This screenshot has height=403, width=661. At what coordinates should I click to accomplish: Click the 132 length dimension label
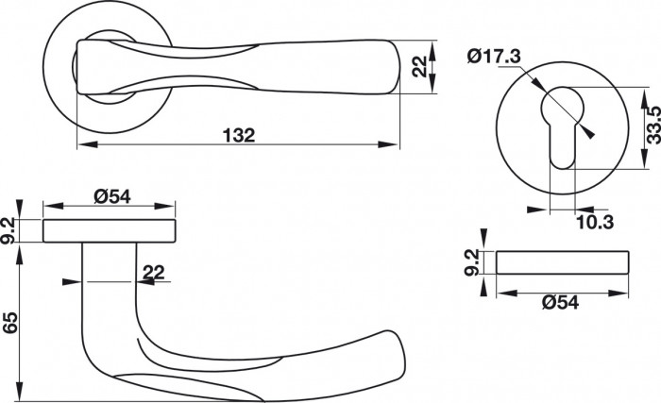click(x=239, y=135)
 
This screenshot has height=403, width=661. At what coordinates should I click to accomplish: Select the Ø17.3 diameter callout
click(x=494, y=57)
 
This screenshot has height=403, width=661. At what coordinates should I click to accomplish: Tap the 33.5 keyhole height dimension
click(x=653, y=126)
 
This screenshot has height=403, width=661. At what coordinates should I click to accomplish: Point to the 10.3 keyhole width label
click(x=595, y=222)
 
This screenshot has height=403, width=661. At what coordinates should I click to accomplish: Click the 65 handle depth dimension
click(x=10, y=323)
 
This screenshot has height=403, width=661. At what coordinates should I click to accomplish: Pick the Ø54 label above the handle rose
click(x=112, y=196)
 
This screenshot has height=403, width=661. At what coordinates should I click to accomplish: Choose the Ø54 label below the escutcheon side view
click(x=561, y=302)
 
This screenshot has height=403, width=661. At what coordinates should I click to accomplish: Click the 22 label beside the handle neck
click(x=153, y=273)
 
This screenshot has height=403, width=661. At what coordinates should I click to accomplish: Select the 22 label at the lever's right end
click(x=419, y=67)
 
